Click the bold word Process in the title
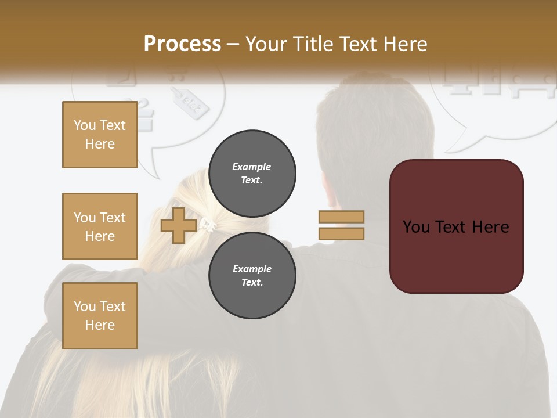[x=182, y=44]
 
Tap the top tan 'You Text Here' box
[x=100, y=135]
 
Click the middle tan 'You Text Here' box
[x=100, y=226]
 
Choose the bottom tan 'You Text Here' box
[x=100, y=316]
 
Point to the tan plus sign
[x=178, y=226]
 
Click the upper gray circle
[x=252, y=174]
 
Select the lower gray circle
[x=252, y=276]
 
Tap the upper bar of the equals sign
[x=341, y=217]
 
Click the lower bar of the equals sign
[x=341, y=234]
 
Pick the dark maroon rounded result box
[x=456, y=226]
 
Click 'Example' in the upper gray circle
[x=252, y=167]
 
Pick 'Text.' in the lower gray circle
[x=252, y=283]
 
